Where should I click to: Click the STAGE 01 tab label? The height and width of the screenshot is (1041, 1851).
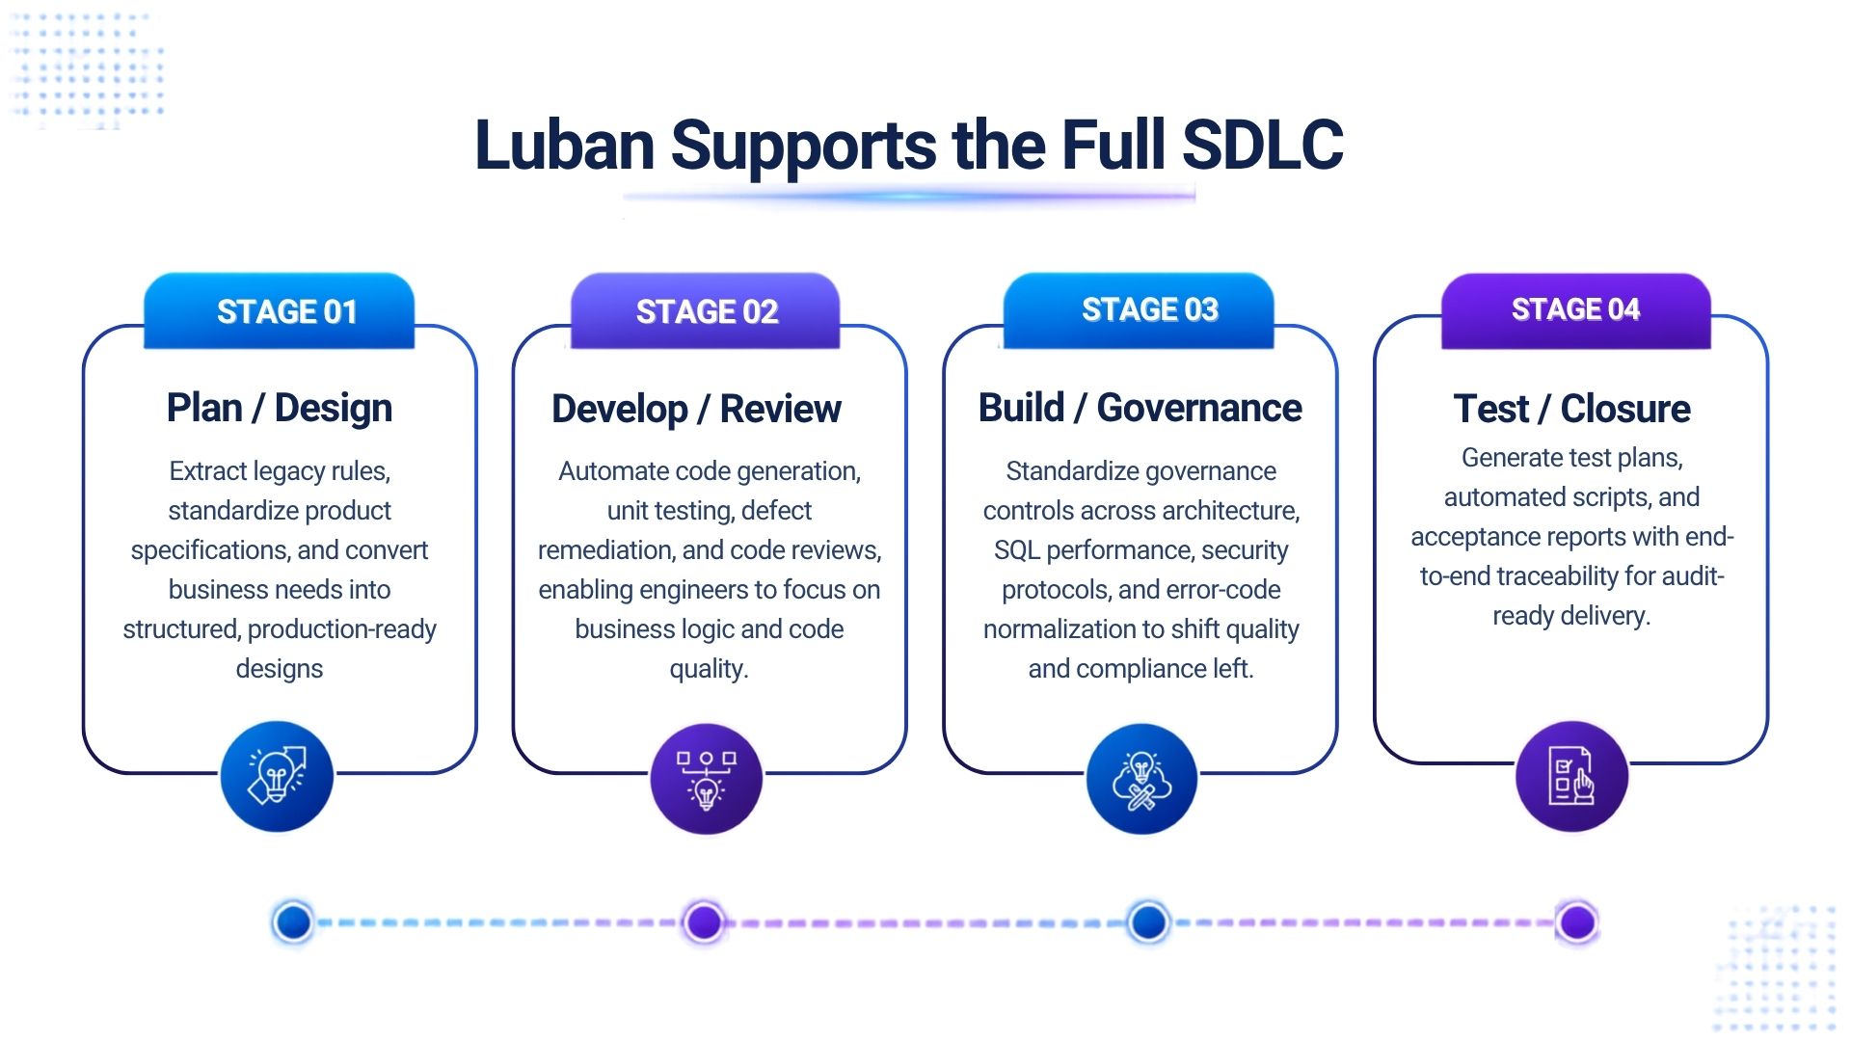(x=287, y=311)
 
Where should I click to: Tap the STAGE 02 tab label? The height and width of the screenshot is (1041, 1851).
(x=707, y=311)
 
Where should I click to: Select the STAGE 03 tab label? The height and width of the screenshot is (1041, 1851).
(x=1150, y=309)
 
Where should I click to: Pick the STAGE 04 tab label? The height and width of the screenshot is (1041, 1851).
(x=1575, y=309)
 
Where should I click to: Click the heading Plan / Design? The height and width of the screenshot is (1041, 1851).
(x=280, y=408)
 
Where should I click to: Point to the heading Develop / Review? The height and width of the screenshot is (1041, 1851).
(x=696, y=409)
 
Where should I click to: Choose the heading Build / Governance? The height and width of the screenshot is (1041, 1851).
(x=1140, y=408)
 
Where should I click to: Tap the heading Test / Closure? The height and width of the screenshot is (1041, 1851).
(x=1572, y=409)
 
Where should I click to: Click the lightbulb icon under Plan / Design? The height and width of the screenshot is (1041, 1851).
(x=277, y=776)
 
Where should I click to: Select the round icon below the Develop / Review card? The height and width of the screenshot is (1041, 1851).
(x=707, y=779)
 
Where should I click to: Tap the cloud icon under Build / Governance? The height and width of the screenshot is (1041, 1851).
(x=1141, y=779)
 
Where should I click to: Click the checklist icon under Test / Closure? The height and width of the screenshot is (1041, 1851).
(x=1571, y=777)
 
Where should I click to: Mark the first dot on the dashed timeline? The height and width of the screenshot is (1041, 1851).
(x=293, y=922)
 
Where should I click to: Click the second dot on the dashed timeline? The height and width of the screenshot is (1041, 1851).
(x=704, y=922)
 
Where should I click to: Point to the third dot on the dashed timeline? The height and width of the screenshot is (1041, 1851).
(x=1148, y=922)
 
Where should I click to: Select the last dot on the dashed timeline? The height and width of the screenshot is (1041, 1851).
(x=1577, y=922)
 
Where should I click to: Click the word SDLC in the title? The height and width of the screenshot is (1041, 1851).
(x=1262, y=146)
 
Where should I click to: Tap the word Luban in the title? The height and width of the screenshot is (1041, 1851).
(x=565, y=146)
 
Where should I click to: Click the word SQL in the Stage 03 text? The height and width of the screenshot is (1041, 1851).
(x=1017, y=550)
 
